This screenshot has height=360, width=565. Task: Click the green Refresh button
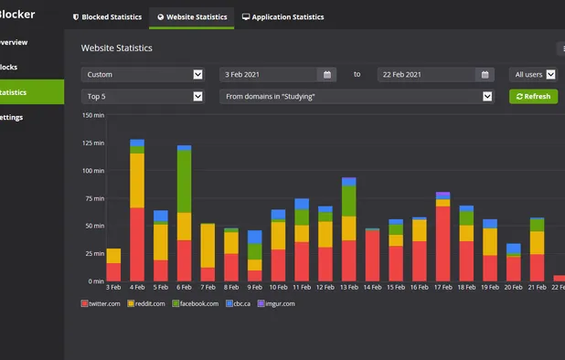[x=532, y=96]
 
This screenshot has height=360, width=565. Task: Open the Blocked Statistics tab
[x=109, y=16]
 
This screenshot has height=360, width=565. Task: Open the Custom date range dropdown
[x=142, y=75]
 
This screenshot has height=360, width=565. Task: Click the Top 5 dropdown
[x=142, y=96]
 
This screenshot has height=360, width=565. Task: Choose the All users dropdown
[x=532, y=75]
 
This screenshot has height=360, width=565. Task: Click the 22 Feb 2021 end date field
[x=433, y=75]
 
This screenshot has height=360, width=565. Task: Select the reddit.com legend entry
[x=147, y=302]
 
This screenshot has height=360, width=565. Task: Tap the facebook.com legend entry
[x=196, y=302]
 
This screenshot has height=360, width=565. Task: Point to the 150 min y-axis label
[x=93, y=115]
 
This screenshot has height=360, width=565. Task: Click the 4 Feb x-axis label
[x=137, y=287]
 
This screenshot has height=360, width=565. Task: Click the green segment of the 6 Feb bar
[x=184, y=181]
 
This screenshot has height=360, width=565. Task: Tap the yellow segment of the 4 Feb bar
[x=137, y=180]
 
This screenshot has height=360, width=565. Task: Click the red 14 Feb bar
[x=372, y=255]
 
